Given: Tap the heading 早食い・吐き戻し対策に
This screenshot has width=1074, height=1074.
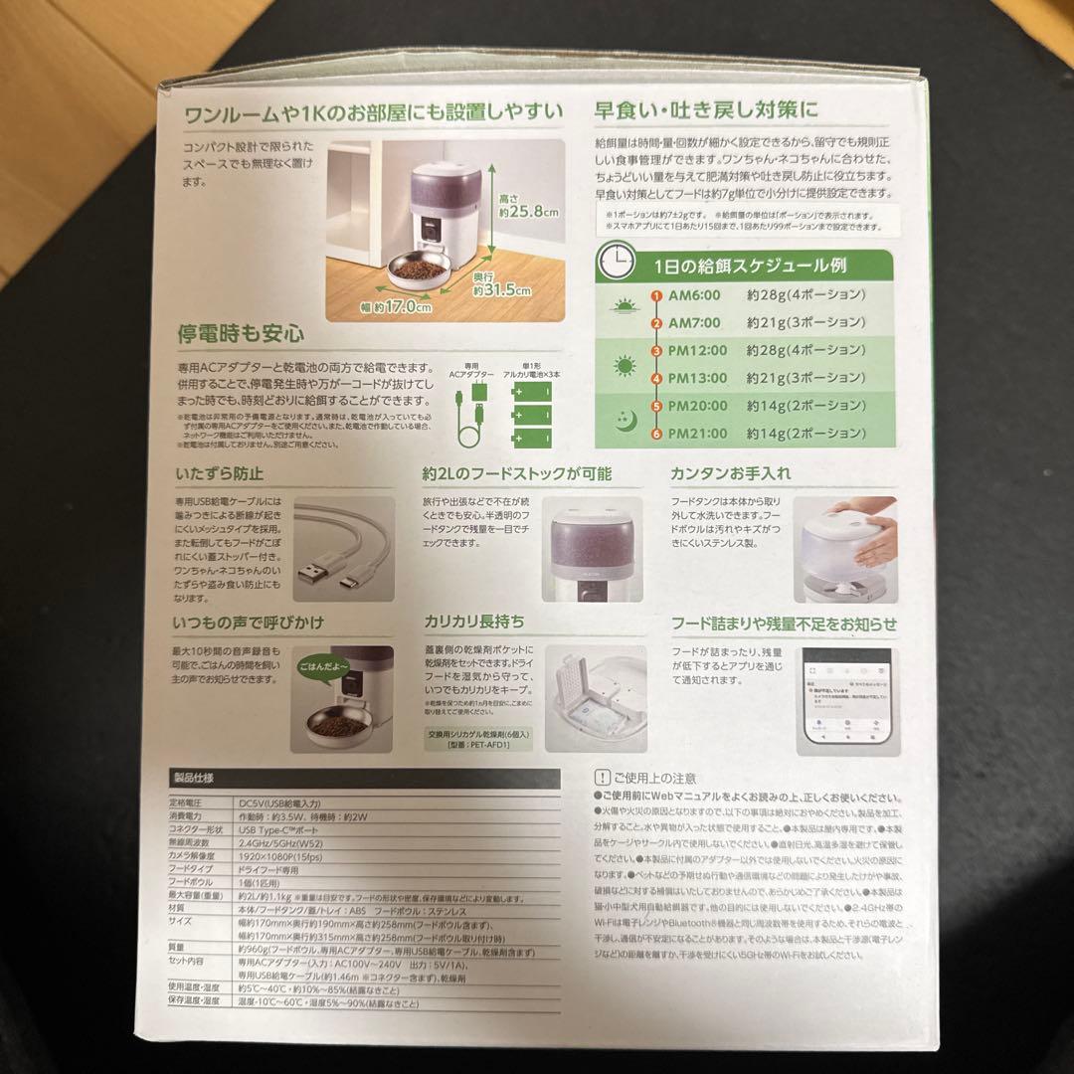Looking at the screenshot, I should [706, 110].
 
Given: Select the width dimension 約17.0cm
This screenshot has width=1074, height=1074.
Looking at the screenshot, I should [395, 308].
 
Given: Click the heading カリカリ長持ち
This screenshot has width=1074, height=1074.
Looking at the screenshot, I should [474, 623].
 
